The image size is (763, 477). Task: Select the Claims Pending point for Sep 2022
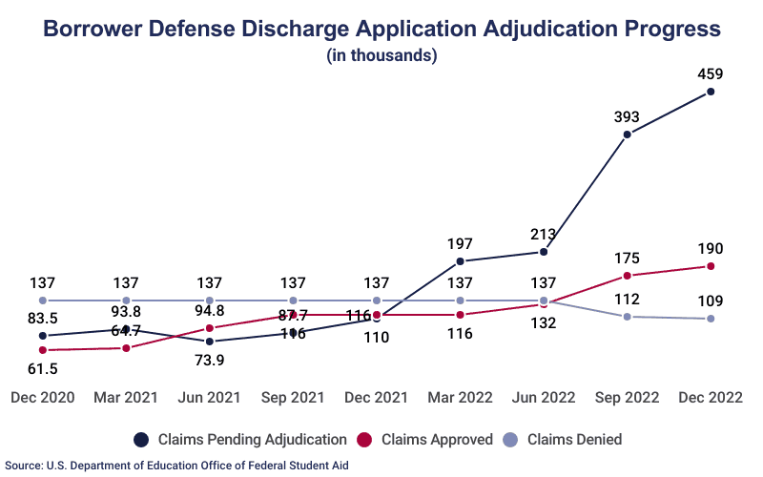coord(627,135)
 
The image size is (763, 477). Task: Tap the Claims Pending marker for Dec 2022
coord(711,93)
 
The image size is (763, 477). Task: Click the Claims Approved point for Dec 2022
coord(711,266)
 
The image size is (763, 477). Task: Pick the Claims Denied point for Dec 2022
coord(711,319)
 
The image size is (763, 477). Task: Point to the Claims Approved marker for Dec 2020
coord(43,350)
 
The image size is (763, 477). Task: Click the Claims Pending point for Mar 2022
coord(460,260)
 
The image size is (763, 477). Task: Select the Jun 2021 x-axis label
coord(210,395)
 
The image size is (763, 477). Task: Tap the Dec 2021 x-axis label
coord(377,395)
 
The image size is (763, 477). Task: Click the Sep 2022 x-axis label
coord(627,395)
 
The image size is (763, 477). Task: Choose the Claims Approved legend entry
coord(426,440)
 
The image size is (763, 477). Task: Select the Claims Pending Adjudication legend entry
coord(240,440)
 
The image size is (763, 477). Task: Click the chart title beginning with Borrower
coord(381,29)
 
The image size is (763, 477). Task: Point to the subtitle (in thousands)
coord(381,55)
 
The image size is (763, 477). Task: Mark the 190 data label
coord(711,247)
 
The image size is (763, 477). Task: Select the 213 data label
coord(544,233)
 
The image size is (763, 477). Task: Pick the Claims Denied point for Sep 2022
coord(627,316)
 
